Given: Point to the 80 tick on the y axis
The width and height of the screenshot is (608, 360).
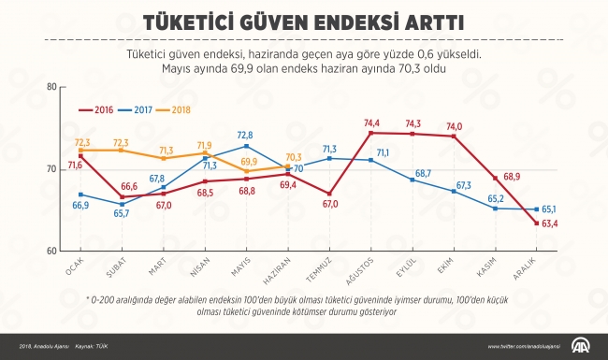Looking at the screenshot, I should [50, 87].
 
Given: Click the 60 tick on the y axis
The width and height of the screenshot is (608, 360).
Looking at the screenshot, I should [50, 252].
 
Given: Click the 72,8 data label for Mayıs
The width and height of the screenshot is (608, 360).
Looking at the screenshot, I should [245, 136].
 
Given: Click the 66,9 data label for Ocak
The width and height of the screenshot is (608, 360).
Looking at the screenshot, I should [81, 205].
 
